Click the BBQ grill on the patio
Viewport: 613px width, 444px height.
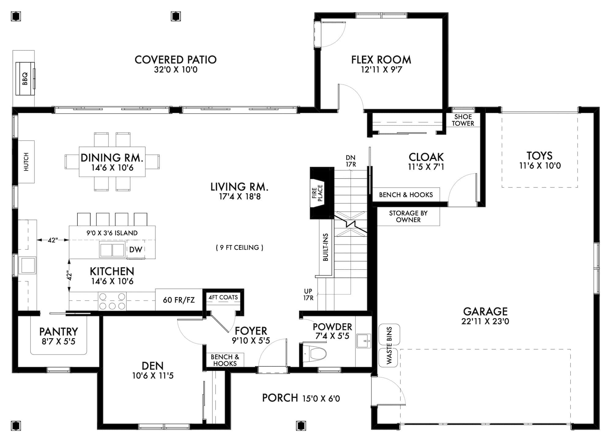tap(25, 79)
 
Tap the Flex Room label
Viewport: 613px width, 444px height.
tap(381, 60)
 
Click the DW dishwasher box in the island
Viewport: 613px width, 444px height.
tap(136, 249)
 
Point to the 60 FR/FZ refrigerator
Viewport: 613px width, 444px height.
tap(179, 300)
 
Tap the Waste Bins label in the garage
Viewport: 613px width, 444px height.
tap(389, 345)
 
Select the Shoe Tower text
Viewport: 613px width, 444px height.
tap(463, 120)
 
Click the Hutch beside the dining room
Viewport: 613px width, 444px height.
tap(26, 162)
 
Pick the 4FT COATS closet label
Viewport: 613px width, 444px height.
tap(223, 297)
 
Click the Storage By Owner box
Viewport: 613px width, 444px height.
tap(408, 216)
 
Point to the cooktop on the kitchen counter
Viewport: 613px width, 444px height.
tap(112, 301)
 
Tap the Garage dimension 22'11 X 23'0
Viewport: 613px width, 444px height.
tap(485, 321)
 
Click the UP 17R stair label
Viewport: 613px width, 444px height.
tap(308, 294)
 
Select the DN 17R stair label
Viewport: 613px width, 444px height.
tap(351, 161)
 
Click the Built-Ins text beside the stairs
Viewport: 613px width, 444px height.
tap(326, 247)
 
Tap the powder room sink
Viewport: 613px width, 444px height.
tap(364, 340)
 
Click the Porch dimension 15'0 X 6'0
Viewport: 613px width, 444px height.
tap(321, 398)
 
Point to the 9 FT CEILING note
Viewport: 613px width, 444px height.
tap(239, 248)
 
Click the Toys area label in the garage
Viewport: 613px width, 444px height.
tap(539, 156)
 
